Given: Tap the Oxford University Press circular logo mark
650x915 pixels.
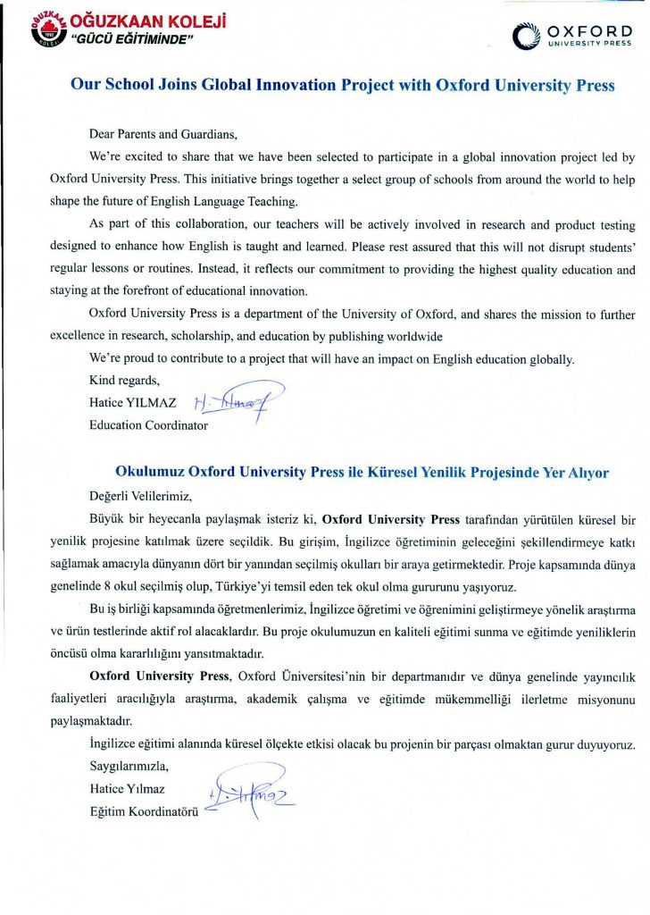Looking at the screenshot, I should (526, 37).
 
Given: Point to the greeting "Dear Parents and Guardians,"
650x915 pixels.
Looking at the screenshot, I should (163, 135).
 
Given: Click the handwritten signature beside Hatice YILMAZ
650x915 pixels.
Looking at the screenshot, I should (239, 399).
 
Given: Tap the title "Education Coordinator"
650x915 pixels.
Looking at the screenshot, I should (148, 425).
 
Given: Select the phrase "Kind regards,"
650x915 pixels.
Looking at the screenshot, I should (123, 381).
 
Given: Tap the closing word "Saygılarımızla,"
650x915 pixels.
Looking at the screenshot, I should (129, 767).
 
